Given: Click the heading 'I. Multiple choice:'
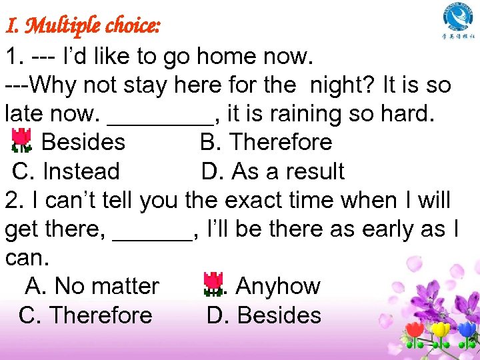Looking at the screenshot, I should [83, 26].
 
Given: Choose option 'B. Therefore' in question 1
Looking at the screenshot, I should [265, 142].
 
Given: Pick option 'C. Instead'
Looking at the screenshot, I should [66, 171].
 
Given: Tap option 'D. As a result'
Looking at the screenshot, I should [273, 171].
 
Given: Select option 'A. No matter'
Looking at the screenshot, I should [92, 286].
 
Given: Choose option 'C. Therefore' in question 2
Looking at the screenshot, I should [85, 315].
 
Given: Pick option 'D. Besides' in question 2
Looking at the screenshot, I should [264, 315].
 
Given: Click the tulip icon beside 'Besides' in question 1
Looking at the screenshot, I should [22, 141].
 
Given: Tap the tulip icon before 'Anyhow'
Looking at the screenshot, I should [213, 284].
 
